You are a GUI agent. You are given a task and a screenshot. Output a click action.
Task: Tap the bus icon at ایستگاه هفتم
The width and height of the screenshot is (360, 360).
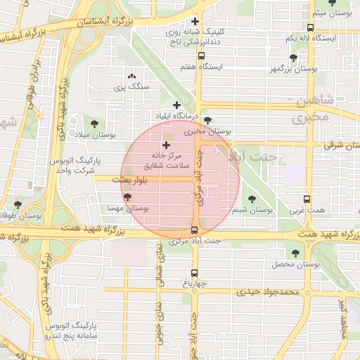point(202,56)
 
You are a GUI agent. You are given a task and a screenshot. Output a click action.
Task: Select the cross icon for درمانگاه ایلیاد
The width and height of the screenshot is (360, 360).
point(176,105)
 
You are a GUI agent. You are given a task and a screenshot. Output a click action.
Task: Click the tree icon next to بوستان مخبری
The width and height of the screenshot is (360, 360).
point(207,121)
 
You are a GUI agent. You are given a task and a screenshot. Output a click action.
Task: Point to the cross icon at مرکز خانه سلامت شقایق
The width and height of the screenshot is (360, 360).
point(166,144)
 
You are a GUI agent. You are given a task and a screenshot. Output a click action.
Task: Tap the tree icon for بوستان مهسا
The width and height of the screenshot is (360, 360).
point(127,198)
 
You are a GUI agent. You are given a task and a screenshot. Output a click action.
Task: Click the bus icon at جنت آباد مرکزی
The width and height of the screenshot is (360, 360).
point(195,230)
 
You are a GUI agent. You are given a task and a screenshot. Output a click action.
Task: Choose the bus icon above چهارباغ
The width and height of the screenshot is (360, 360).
point(195,274)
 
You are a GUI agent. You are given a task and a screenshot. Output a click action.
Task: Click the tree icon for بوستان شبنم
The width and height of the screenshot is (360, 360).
point(252,199)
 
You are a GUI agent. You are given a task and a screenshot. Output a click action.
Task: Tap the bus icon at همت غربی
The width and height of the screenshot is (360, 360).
point(306,199)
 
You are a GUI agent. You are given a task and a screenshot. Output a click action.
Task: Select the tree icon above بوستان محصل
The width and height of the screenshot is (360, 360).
point(294,253)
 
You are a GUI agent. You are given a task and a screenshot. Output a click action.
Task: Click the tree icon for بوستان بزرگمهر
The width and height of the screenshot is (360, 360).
point(293,58)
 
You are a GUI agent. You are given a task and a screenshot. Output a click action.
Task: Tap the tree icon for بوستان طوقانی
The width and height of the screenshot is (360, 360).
point(18,205)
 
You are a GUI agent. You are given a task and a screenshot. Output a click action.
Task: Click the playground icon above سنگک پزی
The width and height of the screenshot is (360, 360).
point(131,76)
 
